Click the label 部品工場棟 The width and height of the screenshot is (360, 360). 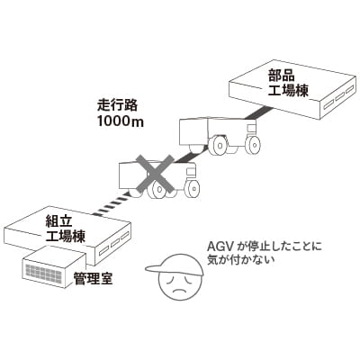[288, 84]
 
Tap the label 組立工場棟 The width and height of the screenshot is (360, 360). [66, 229]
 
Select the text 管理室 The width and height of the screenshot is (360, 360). [94, 278]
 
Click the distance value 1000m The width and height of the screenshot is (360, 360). [121, 121]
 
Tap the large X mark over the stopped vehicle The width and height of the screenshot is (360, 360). [155, 173]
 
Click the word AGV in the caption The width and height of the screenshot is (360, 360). [219, 247]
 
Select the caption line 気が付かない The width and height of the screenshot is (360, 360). [241, 260]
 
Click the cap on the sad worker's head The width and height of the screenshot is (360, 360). [175, 265]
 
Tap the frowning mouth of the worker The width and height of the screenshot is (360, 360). [179, 291]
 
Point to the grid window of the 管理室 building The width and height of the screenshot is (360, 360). [45, 274]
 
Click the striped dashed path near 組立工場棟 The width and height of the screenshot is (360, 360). [111, 206]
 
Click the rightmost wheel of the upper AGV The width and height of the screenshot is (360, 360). [253, 144]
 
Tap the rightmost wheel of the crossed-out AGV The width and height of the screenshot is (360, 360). [193, 189]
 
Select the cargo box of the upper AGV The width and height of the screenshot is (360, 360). [193, 131]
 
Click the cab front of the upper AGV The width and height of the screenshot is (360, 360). [252, 128]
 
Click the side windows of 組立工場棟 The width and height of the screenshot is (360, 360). [114, 243]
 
